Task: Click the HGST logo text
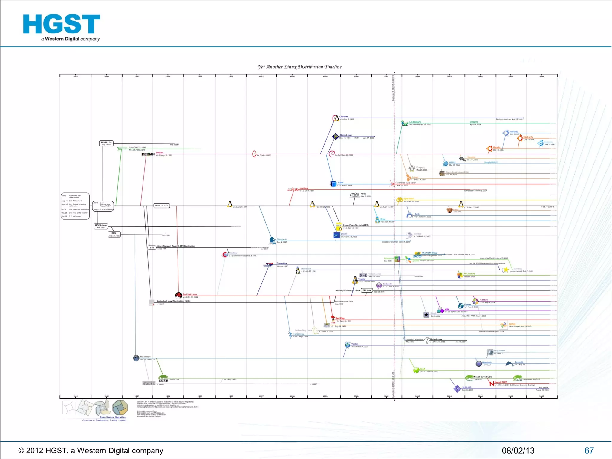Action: [x=62, y=25]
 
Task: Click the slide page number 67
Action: [x=589, y=450]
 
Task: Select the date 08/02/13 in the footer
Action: [x=518, y=450]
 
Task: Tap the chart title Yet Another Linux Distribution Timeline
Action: [x=299, y=67]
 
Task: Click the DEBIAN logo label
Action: [x=148, y=154]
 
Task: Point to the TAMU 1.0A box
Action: [x=106, y=143]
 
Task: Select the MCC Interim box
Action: [x=101, y=226]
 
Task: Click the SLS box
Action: [x=114, y=234]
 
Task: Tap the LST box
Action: [x=152, y=247]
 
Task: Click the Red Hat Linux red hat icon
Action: [x=179, y=296]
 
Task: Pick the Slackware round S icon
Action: [x=136, y=358]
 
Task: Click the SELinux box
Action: [x=367, y=290]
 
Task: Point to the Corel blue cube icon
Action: [x=333, y=184]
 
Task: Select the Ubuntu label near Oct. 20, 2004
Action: [x=497, y=147]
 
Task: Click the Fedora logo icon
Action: [x=461, y=306]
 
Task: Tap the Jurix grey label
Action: [x=149, y=383]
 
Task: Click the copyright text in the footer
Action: [x=91, y=450]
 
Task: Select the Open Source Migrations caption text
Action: [x=113, y=417]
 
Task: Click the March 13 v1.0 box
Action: [x=162, y=206]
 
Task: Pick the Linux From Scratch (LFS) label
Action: [x=356, y=225]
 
